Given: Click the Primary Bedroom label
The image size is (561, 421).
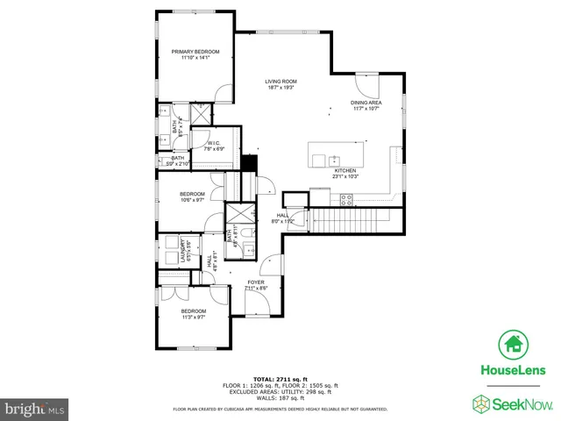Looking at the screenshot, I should click(195, 55).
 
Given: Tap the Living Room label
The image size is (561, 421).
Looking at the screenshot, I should click(280, 84).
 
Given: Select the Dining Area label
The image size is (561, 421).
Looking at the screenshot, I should click(366, 105).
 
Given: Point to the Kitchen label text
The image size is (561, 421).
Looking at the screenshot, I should click(345, 173).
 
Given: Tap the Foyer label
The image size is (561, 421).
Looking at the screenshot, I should click(255, 285).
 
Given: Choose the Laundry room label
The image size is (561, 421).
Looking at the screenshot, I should click(183, 252).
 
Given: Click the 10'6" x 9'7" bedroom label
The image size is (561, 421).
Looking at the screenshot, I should click(192, 196).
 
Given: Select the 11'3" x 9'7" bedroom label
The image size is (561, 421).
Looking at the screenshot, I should click(193, 314).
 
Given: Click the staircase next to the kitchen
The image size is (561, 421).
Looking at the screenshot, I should click(351, 219).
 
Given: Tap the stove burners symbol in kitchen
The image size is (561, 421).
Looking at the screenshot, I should click(345, 200).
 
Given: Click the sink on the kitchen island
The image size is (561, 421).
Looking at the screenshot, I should click(333, 161).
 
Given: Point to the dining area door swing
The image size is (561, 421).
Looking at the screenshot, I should click(366, 86).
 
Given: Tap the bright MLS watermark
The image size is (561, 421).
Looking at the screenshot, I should click(35, 409).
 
